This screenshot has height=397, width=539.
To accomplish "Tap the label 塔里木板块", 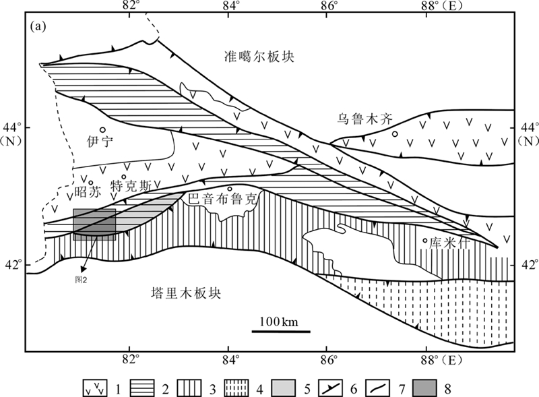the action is [x=187, y=293].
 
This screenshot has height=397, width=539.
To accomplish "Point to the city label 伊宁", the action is [x=98, y=141].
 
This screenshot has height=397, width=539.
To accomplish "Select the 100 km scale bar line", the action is [x=281, y=331].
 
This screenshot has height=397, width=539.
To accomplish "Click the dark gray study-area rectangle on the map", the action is [x=94, y=224].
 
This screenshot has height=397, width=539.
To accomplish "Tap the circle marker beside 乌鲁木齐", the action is [x=395, y=133].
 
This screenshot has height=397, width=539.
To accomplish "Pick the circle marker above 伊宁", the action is [x=102, y=130].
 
